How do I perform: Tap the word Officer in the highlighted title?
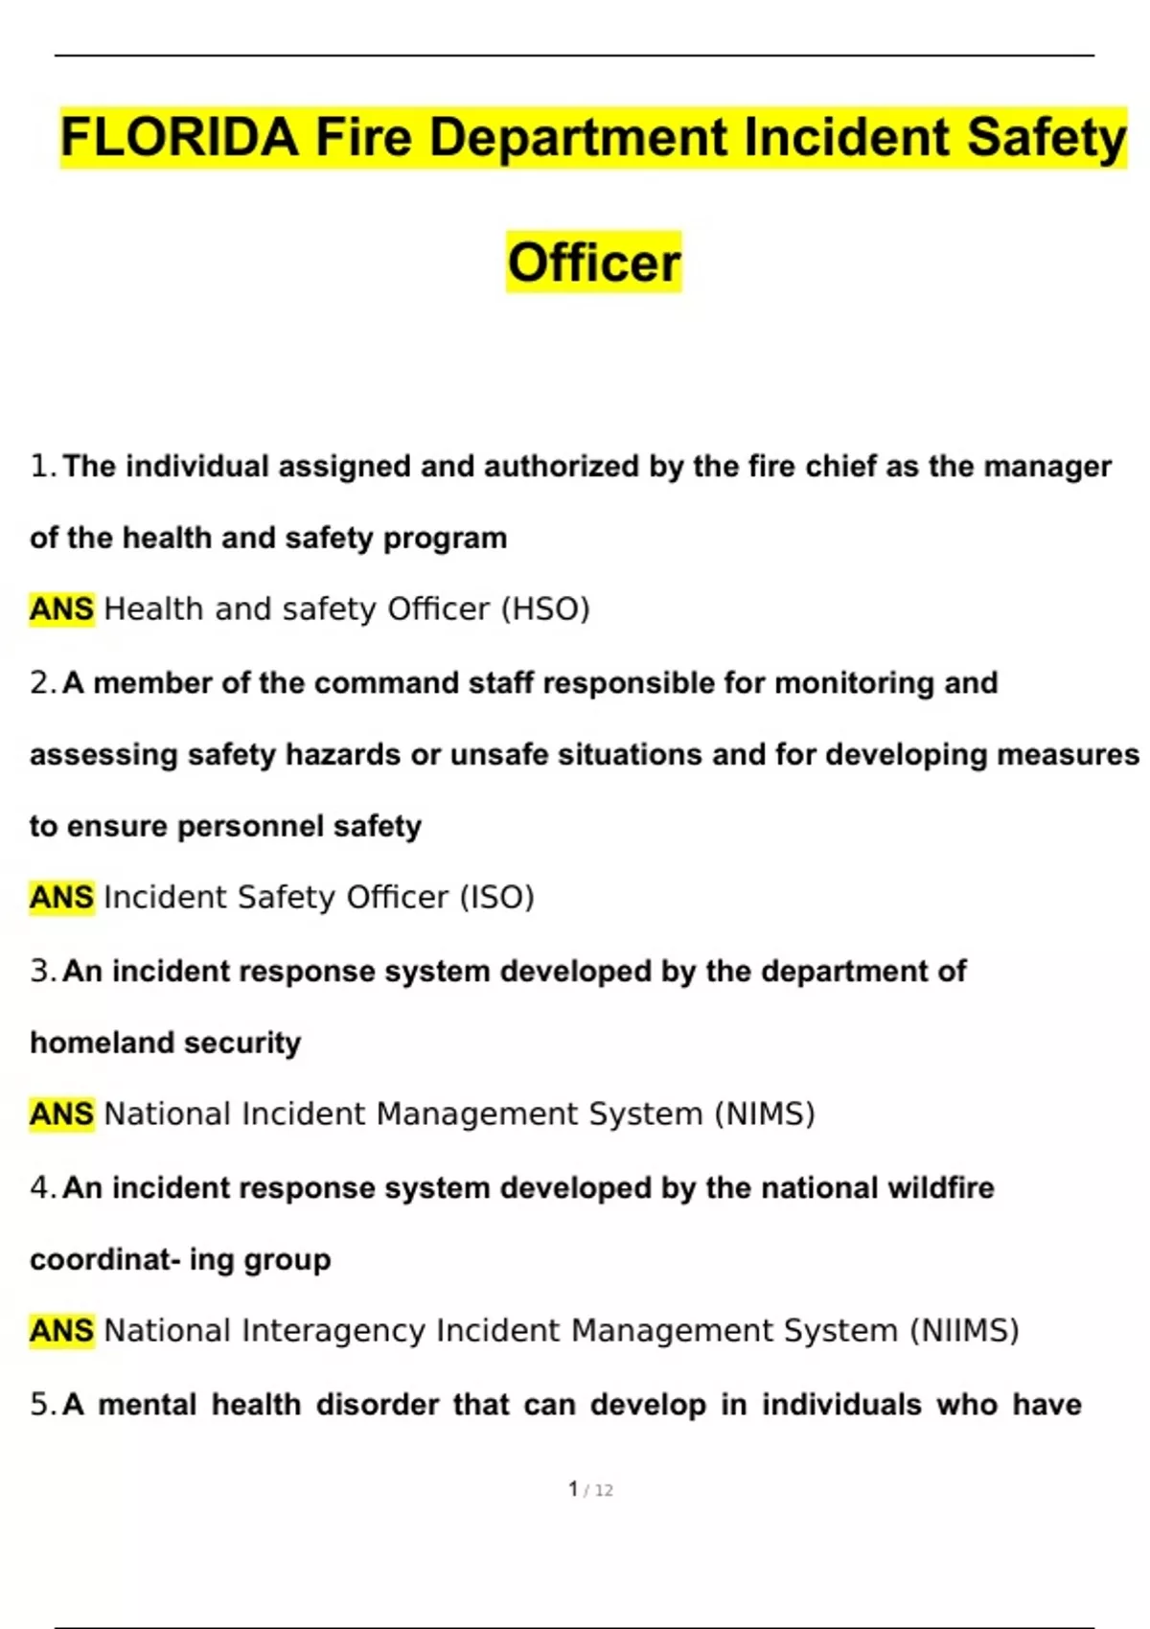pos(594,263)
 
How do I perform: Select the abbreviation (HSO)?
pos(545,609)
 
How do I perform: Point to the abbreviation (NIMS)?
pos(765,1114)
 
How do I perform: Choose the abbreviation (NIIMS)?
pos(963,1331)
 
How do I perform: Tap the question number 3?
pos(41,972)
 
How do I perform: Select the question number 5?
pos(41,1405)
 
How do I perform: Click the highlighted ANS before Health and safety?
pos(62,609)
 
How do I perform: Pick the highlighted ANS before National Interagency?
pos(62,1331)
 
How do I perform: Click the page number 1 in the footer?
pos(573,1489)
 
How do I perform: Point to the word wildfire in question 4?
pos(941,1188)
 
